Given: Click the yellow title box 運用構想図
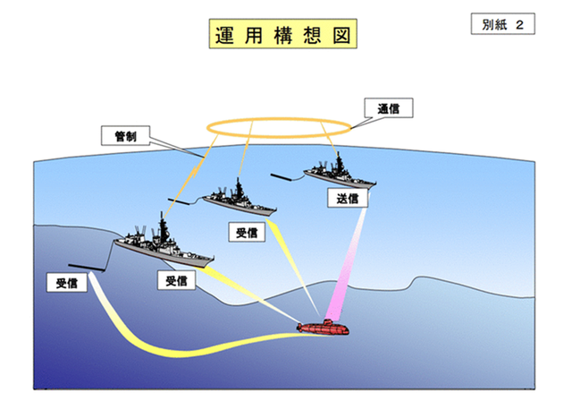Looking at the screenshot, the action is click(x=282, y=34).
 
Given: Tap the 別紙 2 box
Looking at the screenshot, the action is click(x=502, y=24).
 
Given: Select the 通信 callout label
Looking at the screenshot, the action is click(x=389, y=108).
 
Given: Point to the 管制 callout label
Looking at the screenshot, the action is click(x=125, y=136).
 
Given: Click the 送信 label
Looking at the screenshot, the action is click(x=348, y=199).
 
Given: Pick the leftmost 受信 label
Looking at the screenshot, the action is click(x=67, y=283).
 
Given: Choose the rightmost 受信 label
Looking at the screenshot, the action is click(x=247, y=232).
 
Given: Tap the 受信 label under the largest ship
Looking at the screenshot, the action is click(x=177, y=280).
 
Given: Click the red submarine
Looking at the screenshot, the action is click(x=324, y=328).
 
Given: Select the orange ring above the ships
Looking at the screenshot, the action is click(x=279, y=137).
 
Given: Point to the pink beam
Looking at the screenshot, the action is click(x=347, y=263).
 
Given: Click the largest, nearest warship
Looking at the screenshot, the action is click(x=164, y=245).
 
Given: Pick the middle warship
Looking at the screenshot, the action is click(x=239, y=200).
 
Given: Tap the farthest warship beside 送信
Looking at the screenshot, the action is click(x=340, y=174).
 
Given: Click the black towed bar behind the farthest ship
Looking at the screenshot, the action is click(x=281, y=177).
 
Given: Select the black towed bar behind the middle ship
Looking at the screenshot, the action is click(x=179, y=201).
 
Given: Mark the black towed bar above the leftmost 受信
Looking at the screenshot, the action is click(x=86, y=268).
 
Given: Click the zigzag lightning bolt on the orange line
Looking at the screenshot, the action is click(x=195, y=171).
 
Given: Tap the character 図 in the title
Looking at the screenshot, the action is click(x=341, y=36).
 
